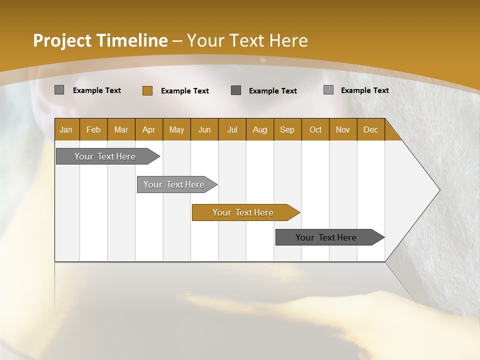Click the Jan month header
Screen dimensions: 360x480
pos(66,129)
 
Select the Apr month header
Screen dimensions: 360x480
pos(148,129)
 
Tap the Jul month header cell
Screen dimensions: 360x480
pos(232,129)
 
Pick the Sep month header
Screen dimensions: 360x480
pos(287,129)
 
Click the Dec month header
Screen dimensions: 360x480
pos(370,129)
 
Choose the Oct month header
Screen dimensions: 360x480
pos(315,129)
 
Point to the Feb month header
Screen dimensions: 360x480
pos(93,129)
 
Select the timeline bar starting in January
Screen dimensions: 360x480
pos(105,156)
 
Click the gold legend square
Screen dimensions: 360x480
pos(147,90)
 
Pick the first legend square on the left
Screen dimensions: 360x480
pos(59,90)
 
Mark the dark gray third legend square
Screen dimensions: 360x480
pos(236,90)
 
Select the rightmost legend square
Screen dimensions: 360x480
pos(328,90)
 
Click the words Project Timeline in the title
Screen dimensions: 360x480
pos(100,40)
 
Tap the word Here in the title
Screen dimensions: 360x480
pos(288,40)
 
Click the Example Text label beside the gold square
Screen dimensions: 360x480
pos(185,91)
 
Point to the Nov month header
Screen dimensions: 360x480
pos(343,129)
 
